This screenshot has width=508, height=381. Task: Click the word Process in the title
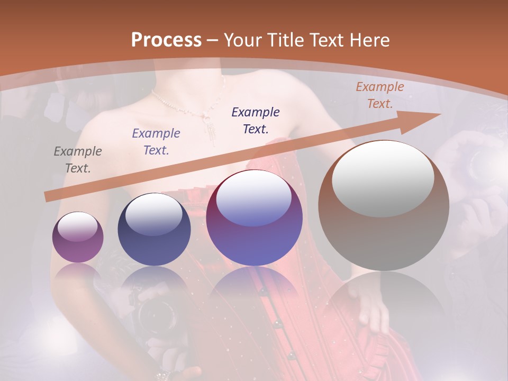click(166, 40)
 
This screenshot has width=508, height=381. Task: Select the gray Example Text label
click(77, 160)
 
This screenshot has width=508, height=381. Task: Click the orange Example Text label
click(379, 95)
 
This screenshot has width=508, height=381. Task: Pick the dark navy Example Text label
click(256, 120)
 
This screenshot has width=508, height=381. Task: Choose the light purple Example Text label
click(156, 142)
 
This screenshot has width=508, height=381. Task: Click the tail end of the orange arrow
click(47, 197)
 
